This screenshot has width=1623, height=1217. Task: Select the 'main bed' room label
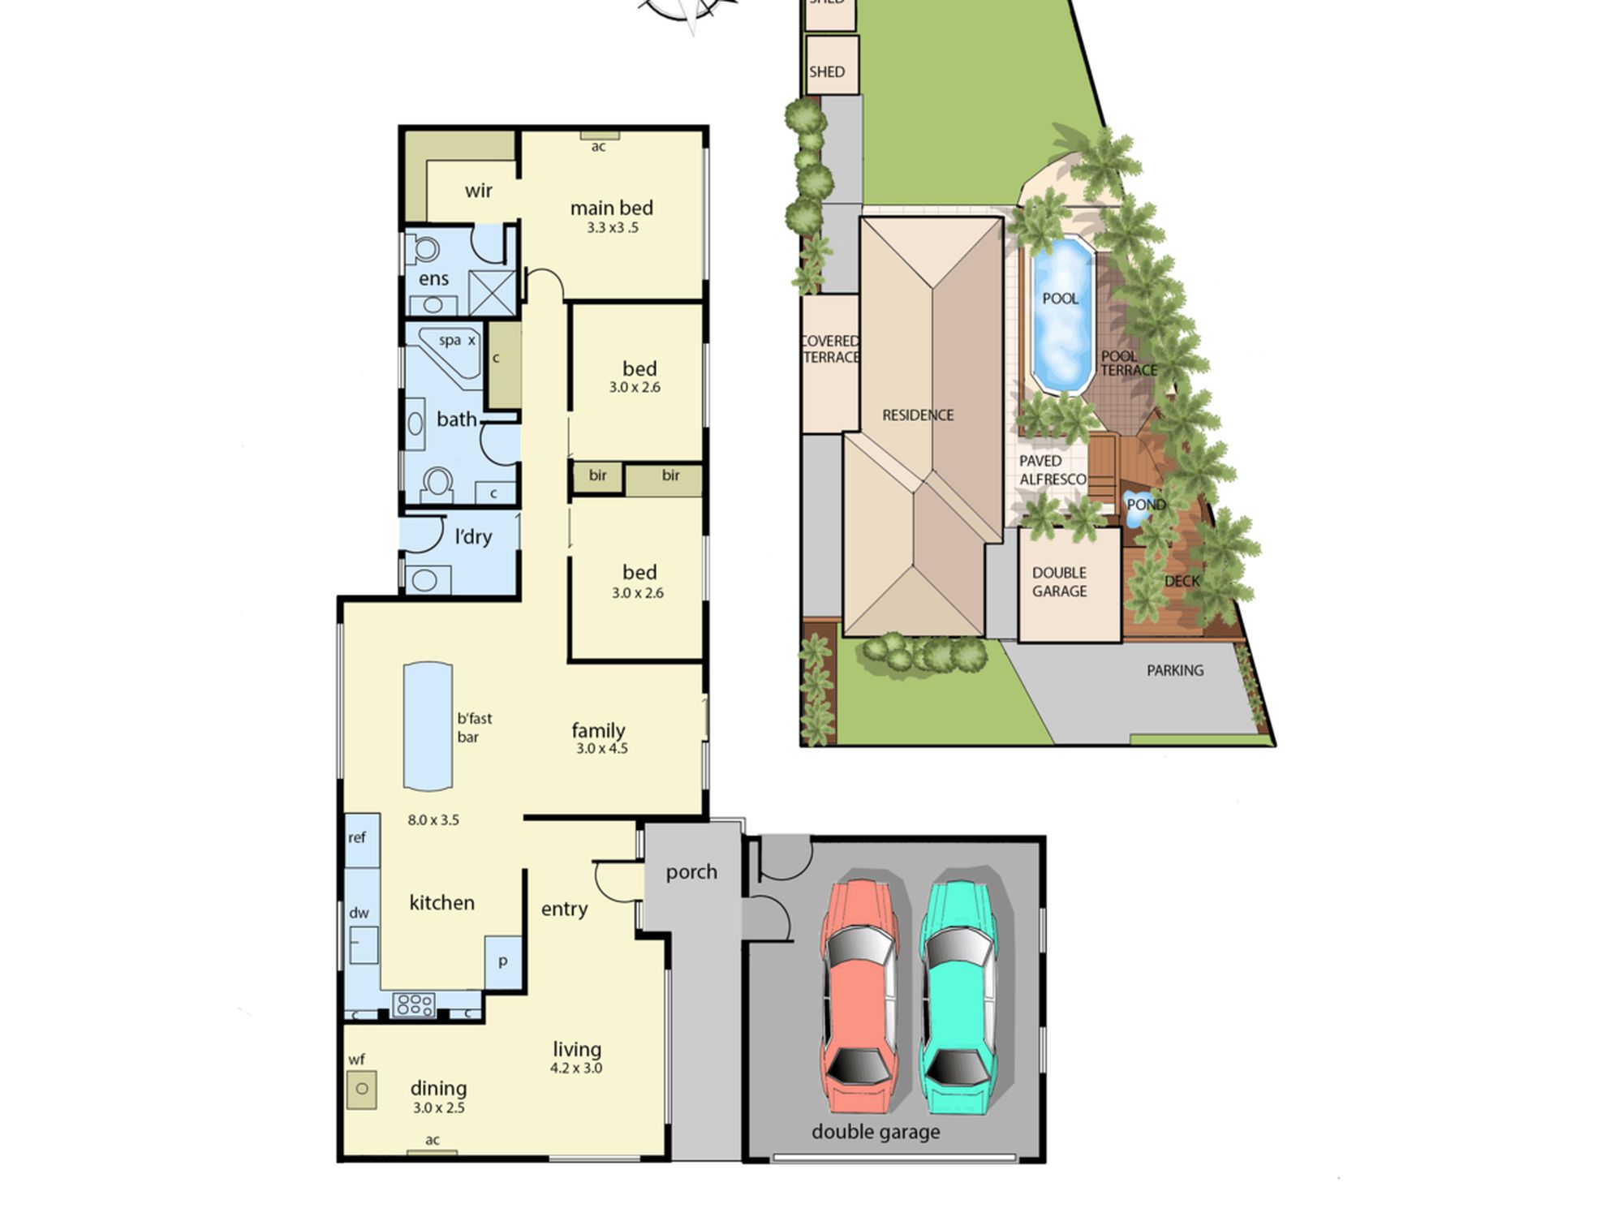[612, 208]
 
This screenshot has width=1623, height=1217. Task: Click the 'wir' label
[478, 191]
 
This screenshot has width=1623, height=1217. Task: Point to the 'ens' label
[433, 279]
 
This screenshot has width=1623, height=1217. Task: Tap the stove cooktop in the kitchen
[415, 1004]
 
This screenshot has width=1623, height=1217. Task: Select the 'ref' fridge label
[357, 837]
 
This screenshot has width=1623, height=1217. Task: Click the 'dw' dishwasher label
[359, 913]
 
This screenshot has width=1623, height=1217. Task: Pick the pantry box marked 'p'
[503, 962]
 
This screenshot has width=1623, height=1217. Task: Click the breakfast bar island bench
[428, 726]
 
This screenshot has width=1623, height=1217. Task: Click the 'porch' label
[691, 872]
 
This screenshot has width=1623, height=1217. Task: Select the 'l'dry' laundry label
[473, 536]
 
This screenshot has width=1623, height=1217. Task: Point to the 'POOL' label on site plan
[1061, 299]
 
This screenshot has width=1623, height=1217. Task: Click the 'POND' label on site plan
[1146, 505]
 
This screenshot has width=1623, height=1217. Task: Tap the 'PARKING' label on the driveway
[1175, 670]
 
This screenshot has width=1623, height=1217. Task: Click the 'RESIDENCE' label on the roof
[918, 415]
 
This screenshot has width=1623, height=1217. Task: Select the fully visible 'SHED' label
[827, 71]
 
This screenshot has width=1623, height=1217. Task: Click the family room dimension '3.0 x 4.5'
[602, 748]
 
